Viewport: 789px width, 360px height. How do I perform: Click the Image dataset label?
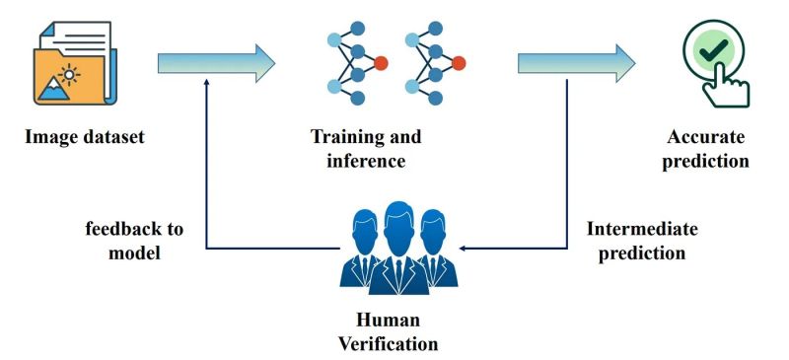coord(86,137)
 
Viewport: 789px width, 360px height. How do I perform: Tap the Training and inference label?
coord(366,147)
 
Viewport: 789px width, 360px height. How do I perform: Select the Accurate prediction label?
coord(705,148)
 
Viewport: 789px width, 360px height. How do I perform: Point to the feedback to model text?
coord(134,240)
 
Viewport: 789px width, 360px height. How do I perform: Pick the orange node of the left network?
coord(382,64)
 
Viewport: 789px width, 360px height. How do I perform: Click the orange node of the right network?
coord(459,64)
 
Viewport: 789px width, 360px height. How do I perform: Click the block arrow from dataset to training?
coord(216,63)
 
